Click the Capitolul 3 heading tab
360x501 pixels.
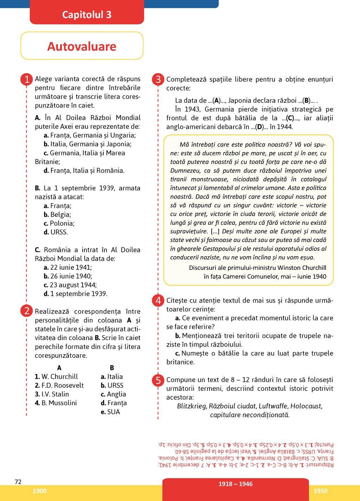(x=87, y=14)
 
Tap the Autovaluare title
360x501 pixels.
(x=82, y=46)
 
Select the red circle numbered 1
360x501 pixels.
(x=27, y=79)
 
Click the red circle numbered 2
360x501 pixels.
(x=27, y=311)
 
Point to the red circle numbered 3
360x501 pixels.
(x=158, y=79)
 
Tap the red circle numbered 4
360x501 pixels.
(x=158, y=300)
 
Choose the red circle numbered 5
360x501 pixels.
(x=158, y=380)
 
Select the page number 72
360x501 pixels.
(x=18, y=482)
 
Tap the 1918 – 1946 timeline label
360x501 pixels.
(x=236, y=484)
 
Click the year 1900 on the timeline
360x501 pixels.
(x=39, y=491)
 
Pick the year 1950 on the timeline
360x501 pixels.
(x=320, y=491)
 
